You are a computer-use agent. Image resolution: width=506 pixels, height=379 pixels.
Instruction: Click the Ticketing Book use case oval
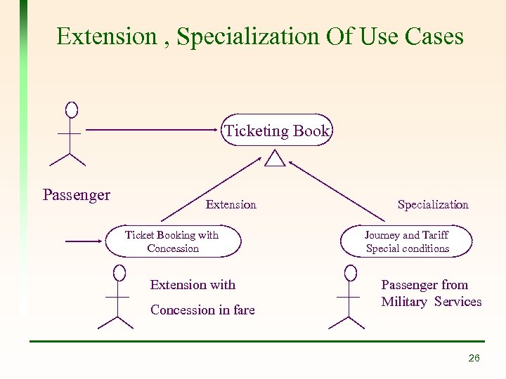276,130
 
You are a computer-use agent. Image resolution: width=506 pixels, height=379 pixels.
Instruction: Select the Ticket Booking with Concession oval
173,241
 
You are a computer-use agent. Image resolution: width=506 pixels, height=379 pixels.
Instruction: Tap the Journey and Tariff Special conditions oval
407,241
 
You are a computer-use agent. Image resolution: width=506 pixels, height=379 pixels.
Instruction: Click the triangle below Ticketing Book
275,159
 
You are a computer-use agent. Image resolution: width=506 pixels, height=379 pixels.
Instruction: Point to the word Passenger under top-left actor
76,194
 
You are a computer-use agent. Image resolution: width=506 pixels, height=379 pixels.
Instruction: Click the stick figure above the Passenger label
70,133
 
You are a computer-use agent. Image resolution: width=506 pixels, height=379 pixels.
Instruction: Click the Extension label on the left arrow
231,204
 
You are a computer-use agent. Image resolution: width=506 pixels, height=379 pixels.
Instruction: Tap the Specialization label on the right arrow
433,204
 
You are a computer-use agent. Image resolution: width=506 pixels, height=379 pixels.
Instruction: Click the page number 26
474,358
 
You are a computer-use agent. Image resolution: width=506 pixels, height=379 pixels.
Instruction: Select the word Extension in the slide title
107,36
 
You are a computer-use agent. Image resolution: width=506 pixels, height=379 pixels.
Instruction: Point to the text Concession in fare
202,310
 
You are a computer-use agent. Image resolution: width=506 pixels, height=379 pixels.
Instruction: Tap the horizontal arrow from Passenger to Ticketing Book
151,130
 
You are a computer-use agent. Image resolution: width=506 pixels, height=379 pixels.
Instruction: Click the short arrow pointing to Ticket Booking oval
84,241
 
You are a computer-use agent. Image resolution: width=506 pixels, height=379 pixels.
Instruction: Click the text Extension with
193,284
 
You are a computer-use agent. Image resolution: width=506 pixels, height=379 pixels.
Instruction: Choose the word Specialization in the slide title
249,36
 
